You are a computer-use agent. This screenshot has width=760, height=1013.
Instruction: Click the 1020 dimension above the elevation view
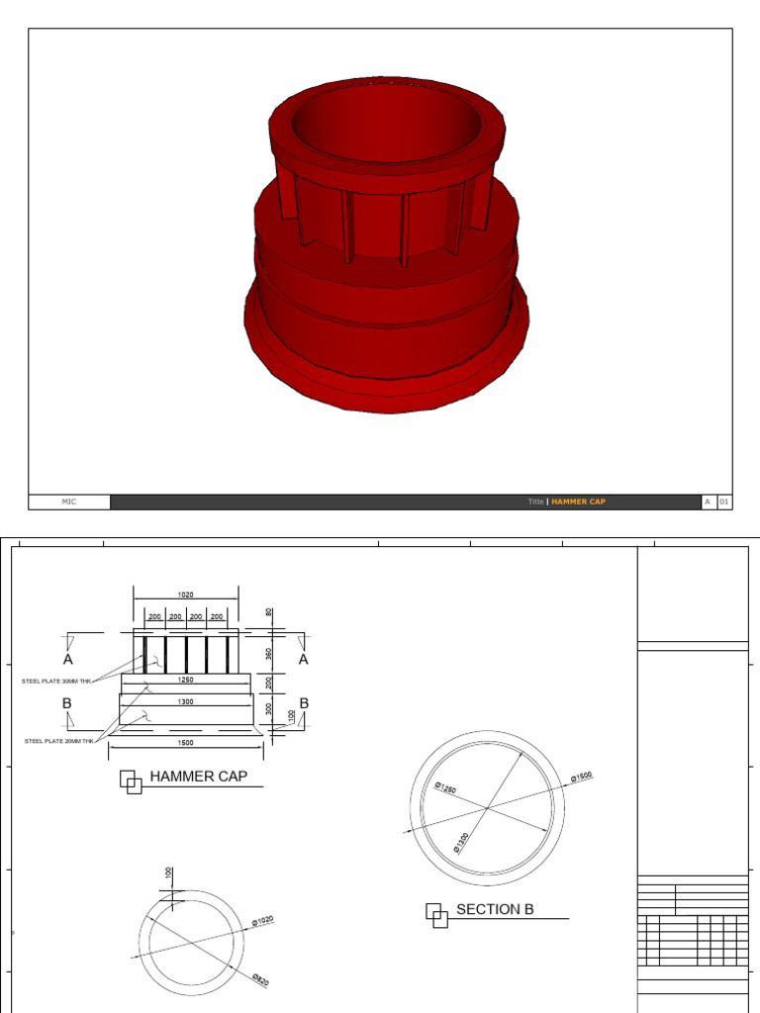185,595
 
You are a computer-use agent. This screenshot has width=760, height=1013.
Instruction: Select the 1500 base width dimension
185,742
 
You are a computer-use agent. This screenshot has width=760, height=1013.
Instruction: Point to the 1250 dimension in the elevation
185,681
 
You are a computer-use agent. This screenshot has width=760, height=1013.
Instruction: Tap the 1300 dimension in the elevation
185,701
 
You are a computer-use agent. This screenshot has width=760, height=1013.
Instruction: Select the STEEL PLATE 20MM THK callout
59,740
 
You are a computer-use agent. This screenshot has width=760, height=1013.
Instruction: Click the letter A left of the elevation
68,659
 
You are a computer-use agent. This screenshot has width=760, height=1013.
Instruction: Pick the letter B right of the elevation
304,703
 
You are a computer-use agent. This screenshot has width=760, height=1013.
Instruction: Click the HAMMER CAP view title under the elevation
198,777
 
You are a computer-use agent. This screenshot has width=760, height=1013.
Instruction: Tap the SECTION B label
495,909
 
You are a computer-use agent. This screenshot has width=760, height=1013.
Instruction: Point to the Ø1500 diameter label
581,778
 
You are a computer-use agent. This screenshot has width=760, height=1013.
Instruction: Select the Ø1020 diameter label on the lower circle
262,921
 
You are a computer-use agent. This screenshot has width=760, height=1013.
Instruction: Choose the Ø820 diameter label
260,979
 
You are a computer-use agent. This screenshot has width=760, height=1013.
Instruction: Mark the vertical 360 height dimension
268,653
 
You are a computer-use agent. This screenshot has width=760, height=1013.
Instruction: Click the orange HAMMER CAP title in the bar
578,502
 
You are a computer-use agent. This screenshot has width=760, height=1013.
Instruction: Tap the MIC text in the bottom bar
69,502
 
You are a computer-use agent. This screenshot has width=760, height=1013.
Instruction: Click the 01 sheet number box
723,502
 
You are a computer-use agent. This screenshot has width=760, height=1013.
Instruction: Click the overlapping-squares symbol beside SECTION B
437,915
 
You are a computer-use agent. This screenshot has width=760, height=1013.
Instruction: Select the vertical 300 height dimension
268,708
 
